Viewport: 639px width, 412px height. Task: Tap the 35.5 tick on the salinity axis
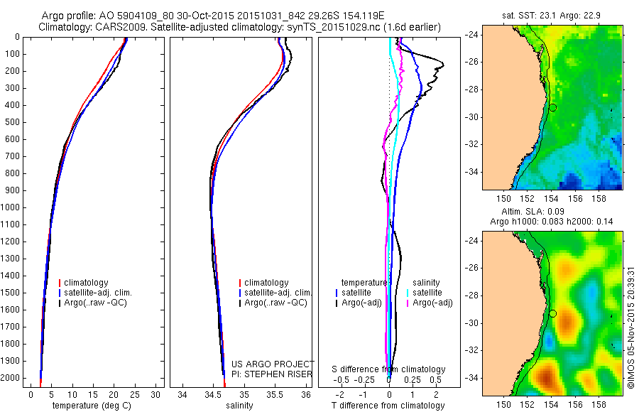pyautogui.click(x=275, y=394)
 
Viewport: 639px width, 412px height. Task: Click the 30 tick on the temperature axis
pyautogui.click(x=156, y=394)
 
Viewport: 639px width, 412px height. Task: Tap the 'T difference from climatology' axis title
pyautogui.click(x=388, y=406)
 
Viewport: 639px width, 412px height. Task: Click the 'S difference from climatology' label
pyautogui.click(x=388, y=369)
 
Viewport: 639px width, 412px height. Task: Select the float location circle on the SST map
pyautogui.click(x=552, y=107)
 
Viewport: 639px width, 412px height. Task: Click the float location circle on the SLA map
pyautogui.click(x=552, y=313)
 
